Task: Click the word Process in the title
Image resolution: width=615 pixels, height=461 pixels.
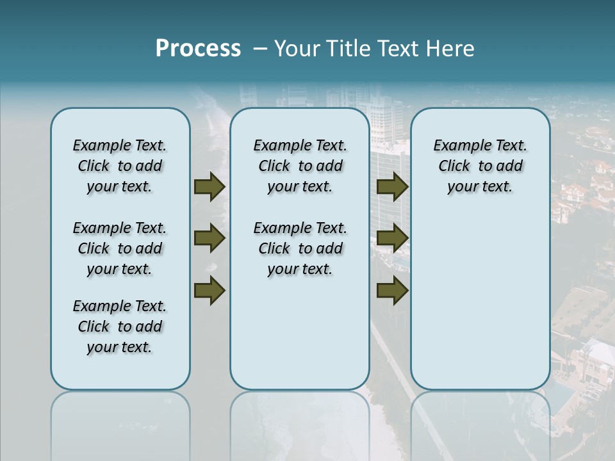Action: click(198, 49)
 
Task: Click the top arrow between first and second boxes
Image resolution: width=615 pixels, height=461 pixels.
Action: click(209, 186)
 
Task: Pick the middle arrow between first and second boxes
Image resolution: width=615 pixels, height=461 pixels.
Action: click(209, 238)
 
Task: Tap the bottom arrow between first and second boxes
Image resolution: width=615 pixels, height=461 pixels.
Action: click(209, 290)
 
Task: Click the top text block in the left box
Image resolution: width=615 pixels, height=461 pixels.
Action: click(120, 166)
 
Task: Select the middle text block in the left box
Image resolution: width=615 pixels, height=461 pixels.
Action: click(120, 248)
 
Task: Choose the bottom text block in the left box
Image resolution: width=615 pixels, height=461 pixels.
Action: click(120, 327)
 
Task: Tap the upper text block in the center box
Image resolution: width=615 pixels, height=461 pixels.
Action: click(300, 166)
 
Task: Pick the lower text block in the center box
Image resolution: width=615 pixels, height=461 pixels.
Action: click(300, 248)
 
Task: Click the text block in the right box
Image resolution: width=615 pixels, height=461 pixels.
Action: click(480, 166)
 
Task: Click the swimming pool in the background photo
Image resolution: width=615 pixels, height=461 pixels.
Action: click(559, 398)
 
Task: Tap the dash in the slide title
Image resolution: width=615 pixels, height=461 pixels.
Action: click(260, 49)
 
